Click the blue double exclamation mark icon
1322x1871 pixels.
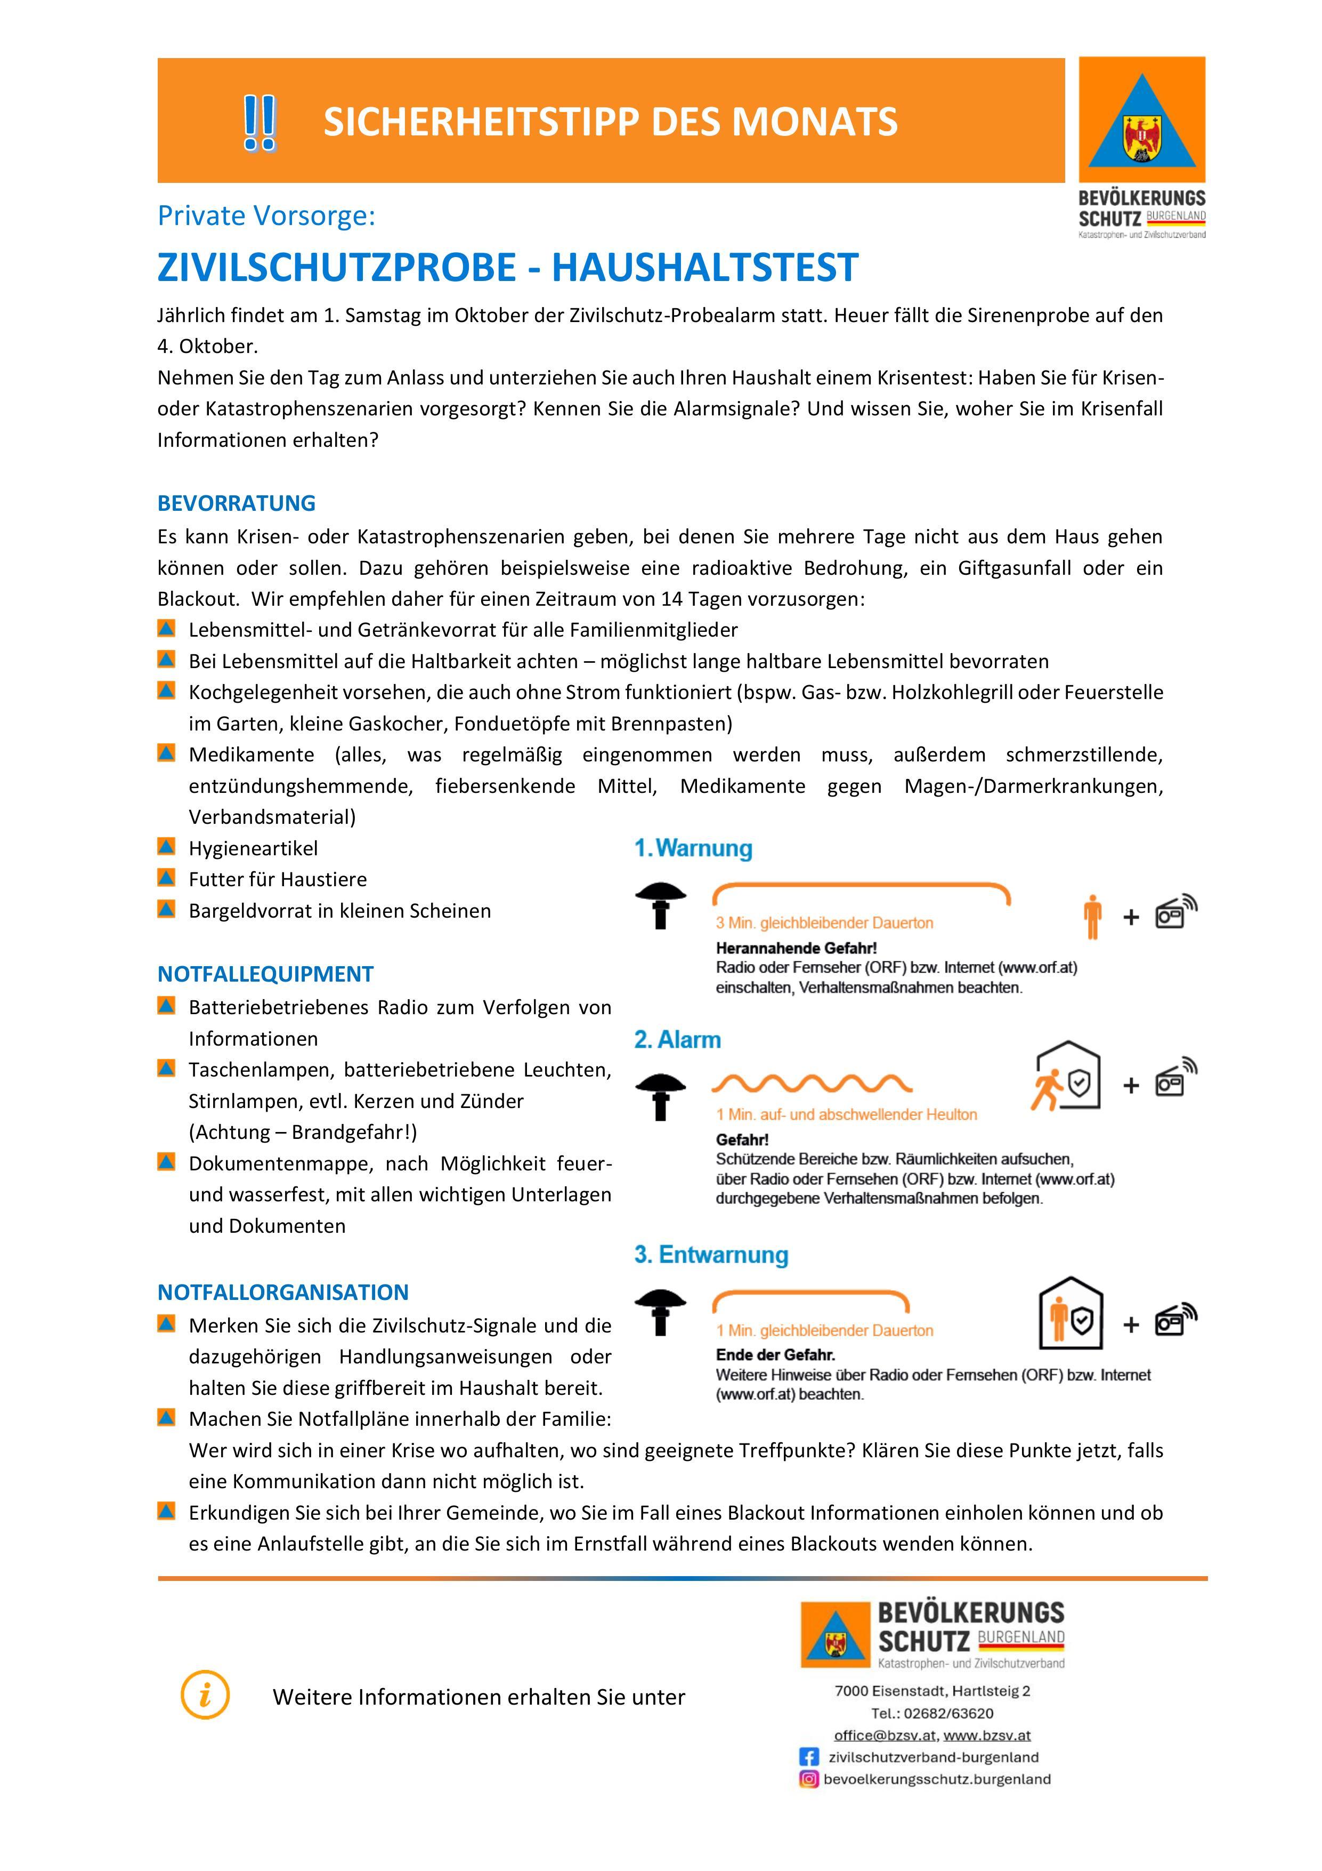pyautogui.click(x=259, y=122)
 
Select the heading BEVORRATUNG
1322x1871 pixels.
pyautogui.click(x=236, y=503)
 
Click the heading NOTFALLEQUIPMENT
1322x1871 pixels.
pyautogui.click(x=265, y=974)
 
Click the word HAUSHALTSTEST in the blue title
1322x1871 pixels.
pyautogui.click(x=705, y=267)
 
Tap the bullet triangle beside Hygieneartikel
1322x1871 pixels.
pyautogui.click(x=166, y=847)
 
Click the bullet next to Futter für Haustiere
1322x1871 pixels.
pyautogui.click(x=166, y=878)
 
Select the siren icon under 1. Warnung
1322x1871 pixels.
pyautogui.click(x=661, y=904)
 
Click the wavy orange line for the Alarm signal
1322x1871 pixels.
pyautogui.click(x=812, y=1084)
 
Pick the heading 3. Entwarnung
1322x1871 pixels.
pyautogui.click(x=711, y=1254)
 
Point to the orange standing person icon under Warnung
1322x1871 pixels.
pyautogui.click(x=1092, y=916)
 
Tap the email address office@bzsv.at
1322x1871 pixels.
pyautogui.click(x=885, y=1735)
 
